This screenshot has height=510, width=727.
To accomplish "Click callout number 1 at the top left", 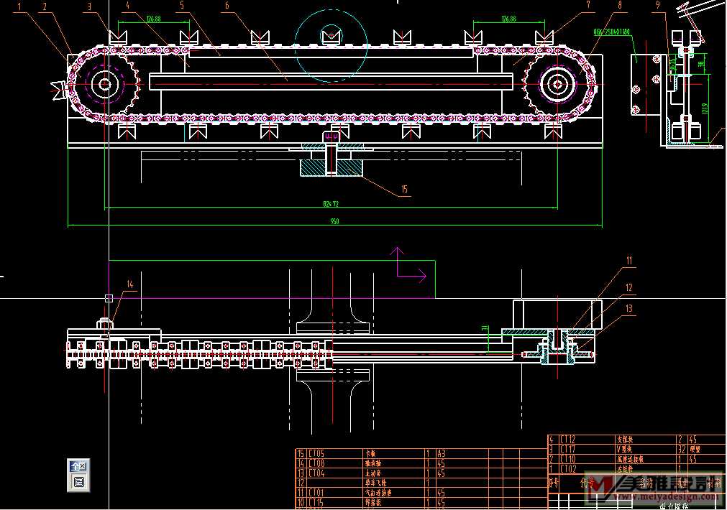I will [19, 6].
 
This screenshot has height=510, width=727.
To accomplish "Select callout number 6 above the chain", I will [227, 6].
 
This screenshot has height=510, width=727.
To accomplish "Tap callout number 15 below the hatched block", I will [404, 190].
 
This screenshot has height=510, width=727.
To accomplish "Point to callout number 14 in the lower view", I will [130, 284].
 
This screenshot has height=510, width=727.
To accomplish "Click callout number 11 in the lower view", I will [628, 261].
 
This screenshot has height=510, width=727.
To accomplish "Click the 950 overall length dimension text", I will [334, 222].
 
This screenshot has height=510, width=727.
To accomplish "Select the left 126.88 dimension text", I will [153, 19].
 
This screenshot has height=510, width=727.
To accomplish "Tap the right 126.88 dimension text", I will [508, 19].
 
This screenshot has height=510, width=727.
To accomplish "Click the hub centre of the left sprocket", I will [105, 85].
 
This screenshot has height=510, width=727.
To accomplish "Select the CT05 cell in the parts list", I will [317, 453].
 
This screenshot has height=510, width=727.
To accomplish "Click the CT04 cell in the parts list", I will [317, 473].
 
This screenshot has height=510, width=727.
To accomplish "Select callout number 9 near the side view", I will [657, 6].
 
